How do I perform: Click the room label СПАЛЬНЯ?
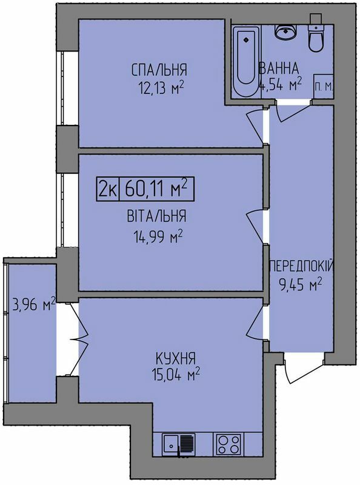tap(158, 69)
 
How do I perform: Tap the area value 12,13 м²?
tap(160, 87)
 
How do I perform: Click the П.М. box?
tap(323, 87)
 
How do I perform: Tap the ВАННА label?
tap(279, 67)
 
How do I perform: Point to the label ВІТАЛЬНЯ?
tap(157, 216)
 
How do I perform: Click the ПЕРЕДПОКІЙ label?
tap(301, 266)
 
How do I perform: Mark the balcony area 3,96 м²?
tap(33, 304)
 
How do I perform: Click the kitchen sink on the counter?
tap(181, 444)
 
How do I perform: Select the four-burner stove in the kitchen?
tap(230, 444)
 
